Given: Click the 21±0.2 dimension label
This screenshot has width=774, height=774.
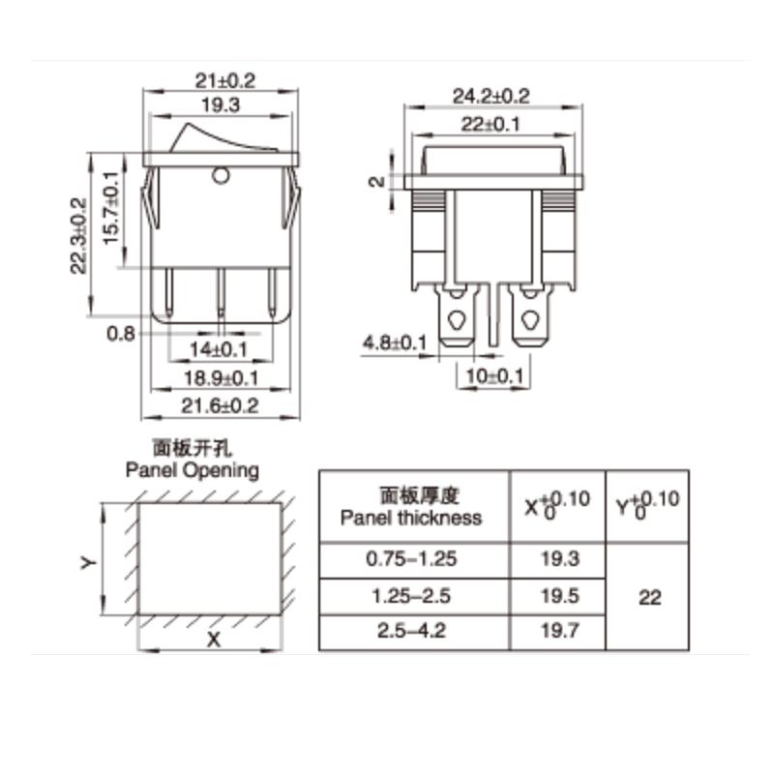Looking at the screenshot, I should coord(221,80).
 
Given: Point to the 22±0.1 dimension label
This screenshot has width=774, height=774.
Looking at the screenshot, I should coord(493,124).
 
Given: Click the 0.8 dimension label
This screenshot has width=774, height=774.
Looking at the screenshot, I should coord(120,333).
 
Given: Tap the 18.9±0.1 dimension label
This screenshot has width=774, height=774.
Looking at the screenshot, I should coord(221,377).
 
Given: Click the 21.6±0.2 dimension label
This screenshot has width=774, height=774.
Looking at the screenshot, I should coord(221,405).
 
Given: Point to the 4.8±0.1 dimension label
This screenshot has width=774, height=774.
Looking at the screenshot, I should coord(395,343).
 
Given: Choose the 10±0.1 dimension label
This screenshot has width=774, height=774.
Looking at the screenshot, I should coord(495,375).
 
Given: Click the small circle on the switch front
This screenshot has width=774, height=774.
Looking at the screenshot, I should coord(221,176).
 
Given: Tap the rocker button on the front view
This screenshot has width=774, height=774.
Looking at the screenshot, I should coord(221,137).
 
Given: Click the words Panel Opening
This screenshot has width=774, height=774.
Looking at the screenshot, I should coord(193,470).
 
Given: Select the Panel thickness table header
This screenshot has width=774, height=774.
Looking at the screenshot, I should coord(411,507).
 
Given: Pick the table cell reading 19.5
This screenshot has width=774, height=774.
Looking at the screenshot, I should coord(556,596).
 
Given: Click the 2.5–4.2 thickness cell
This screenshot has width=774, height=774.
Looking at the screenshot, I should coord(411,632).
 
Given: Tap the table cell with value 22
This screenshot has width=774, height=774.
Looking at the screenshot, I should coord(650,597).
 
